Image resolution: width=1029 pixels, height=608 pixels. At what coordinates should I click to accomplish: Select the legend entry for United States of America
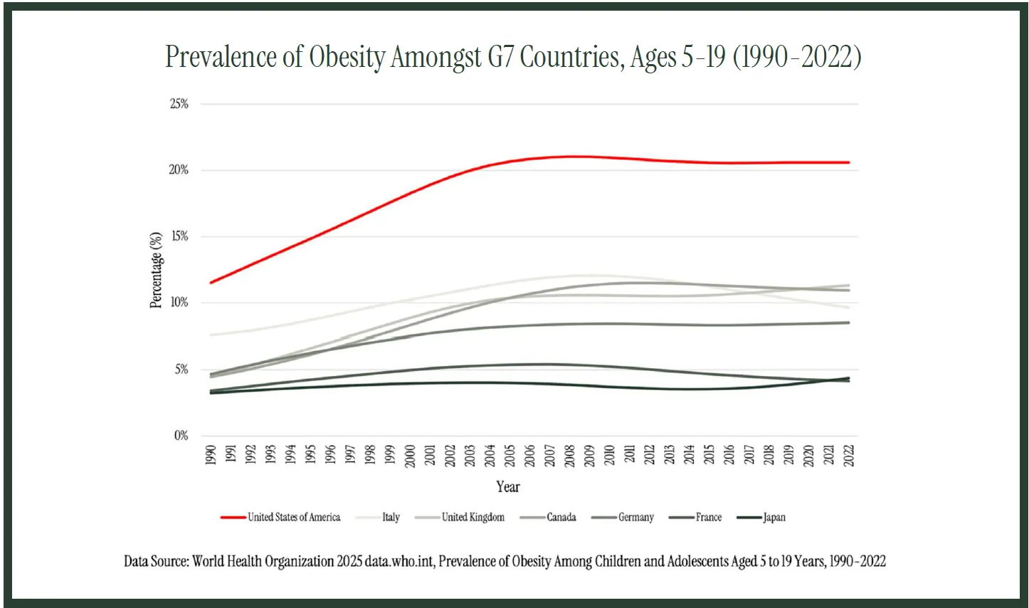click(294, 518)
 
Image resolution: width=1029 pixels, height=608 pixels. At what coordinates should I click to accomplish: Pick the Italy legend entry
click(391, 518)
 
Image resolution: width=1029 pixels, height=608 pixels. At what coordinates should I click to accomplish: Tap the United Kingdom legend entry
click(473, 518)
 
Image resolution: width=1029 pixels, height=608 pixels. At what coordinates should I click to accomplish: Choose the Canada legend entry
click(561, 518)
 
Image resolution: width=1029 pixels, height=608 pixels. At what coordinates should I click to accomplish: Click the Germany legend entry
click(635, 518)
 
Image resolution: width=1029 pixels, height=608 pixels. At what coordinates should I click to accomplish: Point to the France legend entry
click(708, 518)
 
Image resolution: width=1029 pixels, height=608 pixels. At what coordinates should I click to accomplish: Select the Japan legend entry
click(774, 518)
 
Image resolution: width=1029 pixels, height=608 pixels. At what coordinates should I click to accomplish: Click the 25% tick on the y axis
click(179, 104)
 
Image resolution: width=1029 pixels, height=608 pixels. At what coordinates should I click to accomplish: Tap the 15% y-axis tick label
click(179, 236)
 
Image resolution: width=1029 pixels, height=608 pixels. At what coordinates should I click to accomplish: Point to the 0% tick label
click(181, 436)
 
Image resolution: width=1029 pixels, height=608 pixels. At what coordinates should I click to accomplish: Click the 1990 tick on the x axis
click(211, 456)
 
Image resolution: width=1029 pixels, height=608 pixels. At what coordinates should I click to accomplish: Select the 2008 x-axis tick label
click(570, 456)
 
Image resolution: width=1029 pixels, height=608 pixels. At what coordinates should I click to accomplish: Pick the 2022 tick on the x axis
click(849, 456)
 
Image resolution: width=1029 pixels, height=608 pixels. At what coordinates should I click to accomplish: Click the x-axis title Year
click(508, 487)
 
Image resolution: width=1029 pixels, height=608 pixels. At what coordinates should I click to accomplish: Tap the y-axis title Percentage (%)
click(156, 270)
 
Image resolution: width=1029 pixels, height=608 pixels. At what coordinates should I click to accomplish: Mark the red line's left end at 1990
click(211, 283)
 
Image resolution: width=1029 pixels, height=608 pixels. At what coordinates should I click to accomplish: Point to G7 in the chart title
click(501, 57)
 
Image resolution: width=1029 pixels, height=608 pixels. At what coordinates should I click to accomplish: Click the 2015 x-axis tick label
click(709, 456)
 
